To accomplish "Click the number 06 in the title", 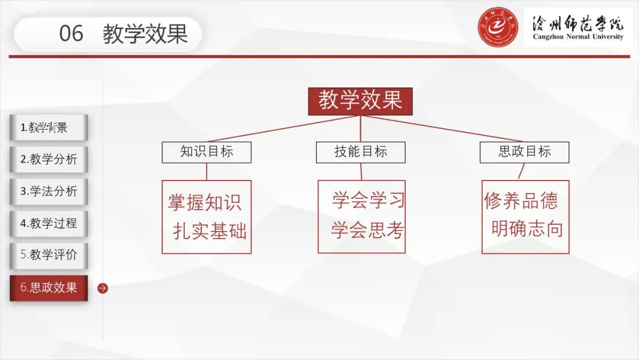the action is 72,33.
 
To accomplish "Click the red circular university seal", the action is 498,27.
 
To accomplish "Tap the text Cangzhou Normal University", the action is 578,37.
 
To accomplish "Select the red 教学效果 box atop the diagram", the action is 360,101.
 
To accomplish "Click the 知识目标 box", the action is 206,152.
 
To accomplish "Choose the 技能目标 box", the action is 361,152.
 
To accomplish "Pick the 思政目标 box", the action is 524,152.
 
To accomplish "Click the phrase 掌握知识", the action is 205,202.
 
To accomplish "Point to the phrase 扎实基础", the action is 210,231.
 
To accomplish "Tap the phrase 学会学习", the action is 368,200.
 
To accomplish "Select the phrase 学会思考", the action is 367,230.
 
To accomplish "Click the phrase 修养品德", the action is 521,201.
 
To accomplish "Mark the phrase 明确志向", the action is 527,229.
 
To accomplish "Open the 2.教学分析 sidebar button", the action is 49,159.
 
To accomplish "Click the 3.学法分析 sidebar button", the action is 49,191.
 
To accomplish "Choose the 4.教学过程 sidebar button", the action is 49,223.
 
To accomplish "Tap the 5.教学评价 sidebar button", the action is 49,255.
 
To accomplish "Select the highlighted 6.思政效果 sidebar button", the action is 49,288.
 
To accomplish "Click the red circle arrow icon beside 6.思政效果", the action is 103,288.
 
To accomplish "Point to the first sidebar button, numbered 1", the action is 49,128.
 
